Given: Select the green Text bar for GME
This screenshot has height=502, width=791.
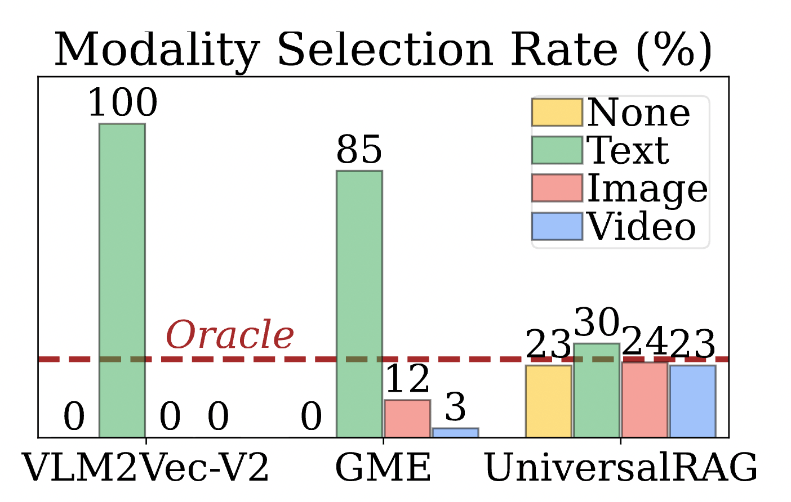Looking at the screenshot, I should pyautogui.click(x=359, y=303).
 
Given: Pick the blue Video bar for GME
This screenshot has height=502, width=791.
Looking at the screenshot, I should pyautogui.click(x=455, y=432).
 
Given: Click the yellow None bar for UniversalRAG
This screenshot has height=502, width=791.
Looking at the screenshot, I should pyautogui.click(x=549, y=401).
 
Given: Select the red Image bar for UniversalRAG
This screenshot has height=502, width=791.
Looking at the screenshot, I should pyautogui.click(x=645, y=399).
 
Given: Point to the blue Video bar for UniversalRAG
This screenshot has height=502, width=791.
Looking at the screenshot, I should pyautogui.click(x=692, y=401).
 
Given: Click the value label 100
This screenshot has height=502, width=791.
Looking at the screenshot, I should pyautogui.click(x=123, y=103).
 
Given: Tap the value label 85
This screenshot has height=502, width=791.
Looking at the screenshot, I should pyautogui.click(x=359, y=150).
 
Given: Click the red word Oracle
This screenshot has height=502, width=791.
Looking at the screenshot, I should pyautogui.click(x=230, y=335).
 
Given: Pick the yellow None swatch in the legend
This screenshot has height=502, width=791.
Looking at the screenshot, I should pyautogui.click(x=557, y=113).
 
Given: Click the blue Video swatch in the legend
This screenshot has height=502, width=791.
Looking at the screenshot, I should pyautogui.click(x=557, y=226).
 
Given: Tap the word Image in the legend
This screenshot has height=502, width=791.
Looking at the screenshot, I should pyautogui.click(x=647, y=189).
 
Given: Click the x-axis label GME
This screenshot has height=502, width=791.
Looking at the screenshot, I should pyautogui.click(x=383, y=468).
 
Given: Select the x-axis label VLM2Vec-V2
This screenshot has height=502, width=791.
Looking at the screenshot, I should pyautogui.click(x=146, y=468).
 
